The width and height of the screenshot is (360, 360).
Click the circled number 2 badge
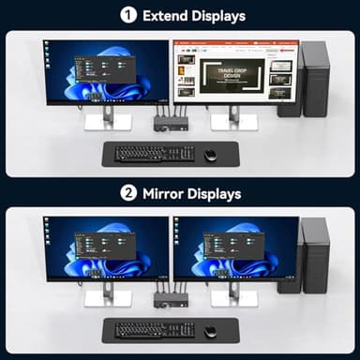point(127,194)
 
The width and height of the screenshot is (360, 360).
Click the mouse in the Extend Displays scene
point(210,155)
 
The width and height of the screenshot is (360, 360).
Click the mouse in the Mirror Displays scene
point(210,331)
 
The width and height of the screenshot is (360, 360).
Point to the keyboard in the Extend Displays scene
point(155,153)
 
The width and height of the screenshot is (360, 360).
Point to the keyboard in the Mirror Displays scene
point(155,330)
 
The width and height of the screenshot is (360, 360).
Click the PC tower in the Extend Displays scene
point(315,79)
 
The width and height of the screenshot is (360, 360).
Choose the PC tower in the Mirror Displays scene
point(315,255)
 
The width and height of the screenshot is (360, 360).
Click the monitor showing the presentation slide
point(234,70)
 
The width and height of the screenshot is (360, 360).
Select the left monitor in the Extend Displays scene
point(106,70)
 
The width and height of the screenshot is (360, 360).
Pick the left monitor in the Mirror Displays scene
point(106,248)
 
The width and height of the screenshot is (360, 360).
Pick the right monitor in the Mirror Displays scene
point(234,248)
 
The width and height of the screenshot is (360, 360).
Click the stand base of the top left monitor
point(107,122)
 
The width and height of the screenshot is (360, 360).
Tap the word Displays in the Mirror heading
point(214,194)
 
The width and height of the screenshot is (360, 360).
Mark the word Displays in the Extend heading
point(218,16)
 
